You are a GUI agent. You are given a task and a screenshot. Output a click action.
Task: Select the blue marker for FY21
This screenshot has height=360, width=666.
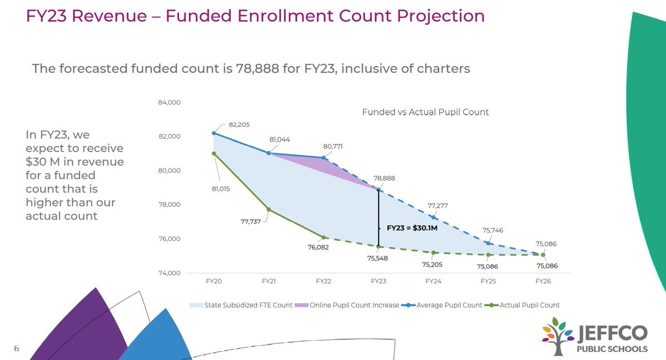pos(269,153)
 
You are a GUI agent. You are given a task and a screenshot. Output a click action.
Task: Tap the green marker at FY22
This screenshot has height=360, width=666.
pos(324,237)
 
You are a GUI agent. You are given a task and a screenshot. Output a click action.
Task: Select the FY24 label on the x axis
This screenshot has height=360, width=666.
pos(433,281)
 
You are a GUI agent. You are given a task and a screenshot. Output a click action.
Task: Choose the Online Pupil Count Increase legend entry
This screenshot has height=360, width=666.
pos(354,305)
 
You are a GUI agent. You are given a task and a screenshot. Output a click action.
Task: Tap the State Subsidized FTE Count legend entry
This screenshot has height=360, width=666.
pos(248,305)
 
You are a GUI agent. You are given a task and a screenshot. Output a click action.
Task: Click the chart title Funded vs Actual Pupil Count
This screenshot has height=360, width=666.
pos(425,112)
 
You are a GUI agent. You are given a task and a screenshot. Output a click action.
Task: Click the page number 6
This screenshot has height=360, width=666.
pos(17,348)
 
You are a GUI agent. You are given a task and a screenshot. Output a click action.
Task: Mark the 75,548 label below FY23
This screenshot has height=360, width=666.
pos(377,258)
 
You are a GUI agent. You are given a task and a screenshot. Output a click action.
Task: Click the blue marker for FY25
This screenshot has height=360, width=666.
pos(488,243)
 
